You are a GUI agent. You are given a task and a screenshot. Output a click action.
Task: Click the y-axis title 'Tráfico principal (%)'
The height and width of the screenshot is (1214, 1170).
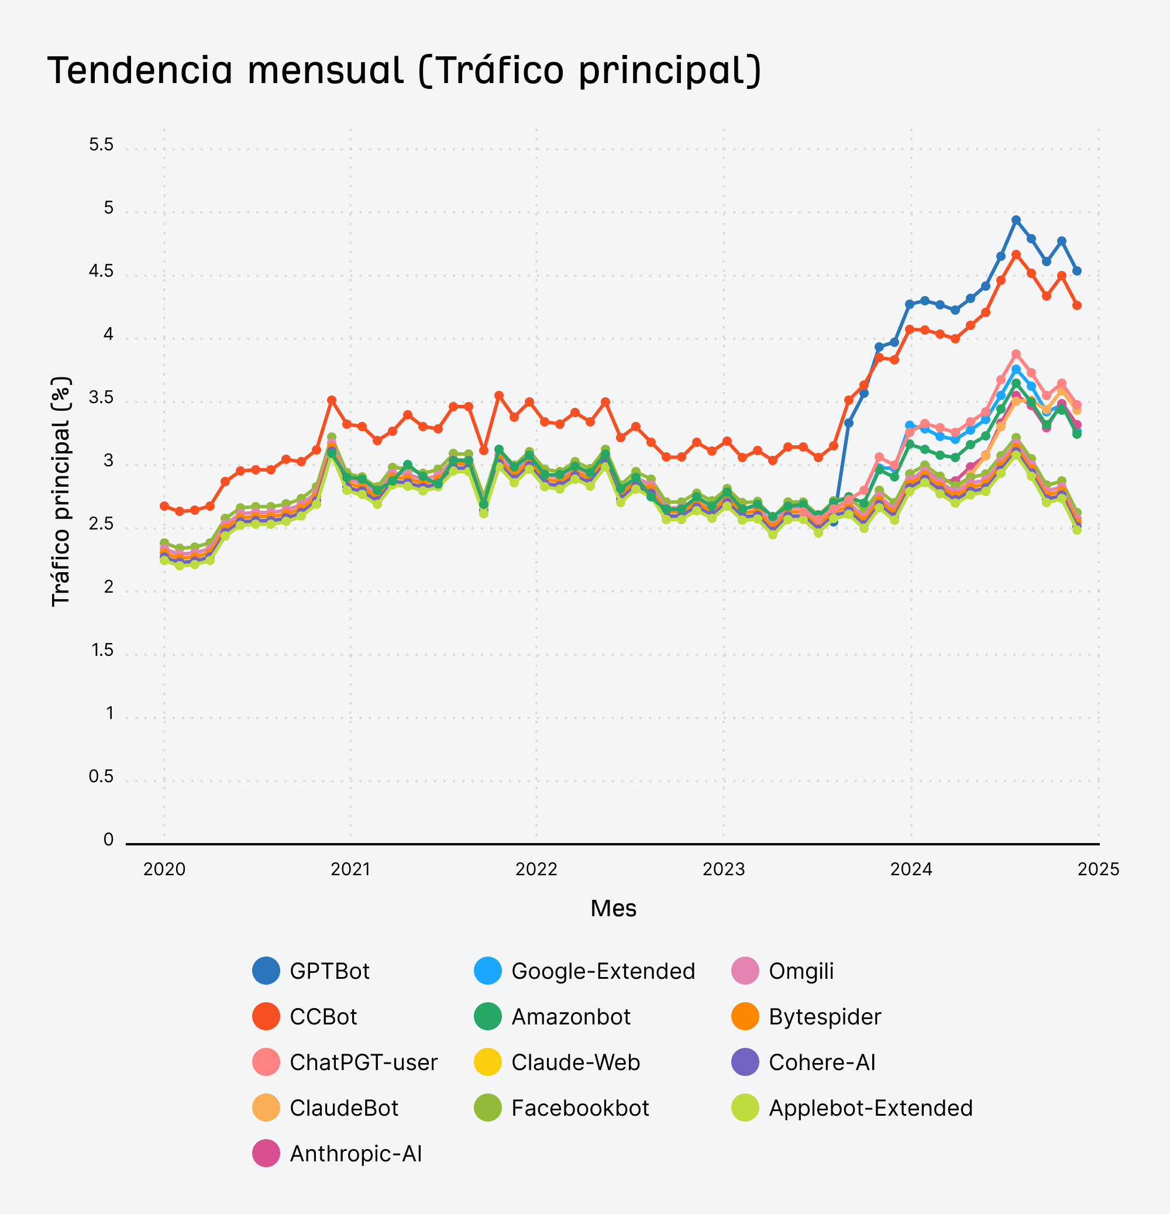61,491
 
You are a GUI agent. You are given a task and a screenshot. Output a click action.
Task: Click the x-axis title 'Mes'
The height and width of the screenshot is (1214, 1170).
613,908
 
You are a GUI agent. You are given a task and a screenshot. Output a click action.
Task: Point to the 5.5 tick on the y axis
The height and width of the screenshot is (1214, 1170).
101,145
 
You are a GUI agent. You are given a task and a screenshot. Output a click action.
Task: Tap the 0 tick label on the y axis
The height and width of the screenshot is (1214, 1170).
108,840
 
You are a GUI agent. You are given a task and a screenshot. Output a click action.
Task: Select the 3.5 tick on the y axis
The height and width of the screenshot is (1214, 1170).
101,397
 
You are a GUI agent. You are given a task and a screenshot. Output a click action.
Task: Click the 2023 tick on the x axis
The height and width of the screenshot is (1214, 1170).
723,869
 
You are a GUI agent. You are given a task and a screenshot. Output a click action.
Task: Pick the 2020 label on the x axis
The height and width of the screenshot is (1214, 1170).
164,869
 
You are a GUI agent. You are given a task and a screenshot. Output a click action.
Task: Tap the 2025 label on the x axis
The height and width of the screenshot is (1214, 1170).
1098,869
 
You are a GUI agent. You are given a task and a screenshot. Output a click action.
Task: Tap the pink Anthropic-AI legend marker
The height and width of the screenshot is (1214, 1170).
266,1153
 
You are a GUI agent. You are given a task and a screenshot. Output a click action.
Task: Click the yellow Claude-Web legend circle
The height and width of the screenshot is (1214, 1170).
487,1062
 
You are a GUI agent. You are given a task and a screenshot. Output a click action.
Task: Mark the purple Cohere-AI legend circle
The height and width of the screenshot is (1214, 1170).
745,1062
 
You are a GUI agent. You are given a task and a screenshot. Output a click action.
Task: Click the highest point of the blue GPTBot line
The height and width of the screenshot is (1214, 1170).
1016,220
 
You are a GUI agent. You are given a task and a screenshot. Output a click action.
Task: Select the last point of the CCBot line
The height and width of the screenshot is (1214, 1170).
1076,305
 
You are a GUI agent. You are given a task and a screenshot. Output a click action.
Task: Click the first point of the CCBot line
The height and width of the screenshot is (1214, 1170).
164,506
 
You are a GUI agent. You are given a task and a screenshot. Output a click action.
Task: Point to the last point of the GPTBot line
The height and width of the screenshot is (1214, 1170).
1076,271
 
